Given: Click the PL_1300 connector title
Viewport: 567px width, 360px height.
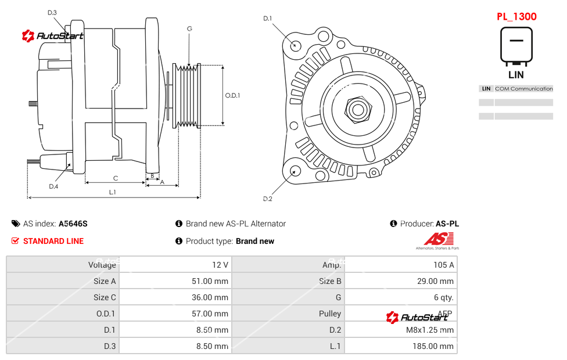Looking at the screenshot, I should coord(516,16).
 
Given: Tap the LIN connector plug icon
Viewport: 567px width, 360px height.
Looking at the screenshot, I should coord(516,45).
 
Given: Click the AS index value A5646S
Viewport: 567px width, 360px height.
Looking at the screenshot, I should coord(73,224).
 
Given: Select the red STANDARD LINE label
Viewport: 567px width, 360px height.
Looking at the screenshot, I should coord(53,241).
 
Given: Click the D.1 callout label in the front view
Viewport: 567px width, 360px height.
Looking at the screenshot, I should coord(268,19).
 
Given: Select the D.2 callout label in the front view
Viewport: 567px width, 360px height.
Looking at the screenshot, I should coord(268,199).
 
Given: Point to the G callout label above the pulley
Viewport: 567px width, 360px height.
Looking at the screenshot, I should coord(189,28).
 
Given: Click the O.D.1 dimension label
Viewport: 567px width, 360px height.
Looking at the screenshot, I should coord(232,95).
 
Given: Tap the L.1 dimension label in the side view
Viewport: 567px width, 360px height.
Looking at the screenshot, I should coord(113,192).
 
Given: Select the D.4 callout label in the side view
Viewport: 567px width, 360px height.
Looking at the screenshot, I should coord(53,186).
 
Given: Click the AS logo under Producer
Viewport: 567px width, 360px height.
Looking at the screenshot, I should coord(437,240).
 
